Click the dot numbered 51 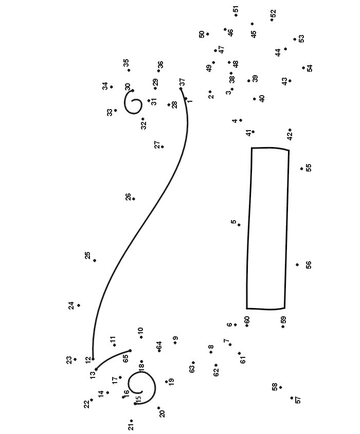[236, 15]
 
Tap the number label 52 [273, 13]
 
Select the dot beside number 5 [239, 225]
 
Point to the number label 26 [128, 197]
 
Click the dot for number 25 [95, 261]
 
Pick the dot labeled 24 [79, 305]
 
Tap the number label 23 [69, 360]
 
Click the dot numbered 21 [131, 421]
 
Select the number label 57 [298, 400]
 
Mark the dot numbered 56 [297, 265]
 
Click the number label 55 [309, 168]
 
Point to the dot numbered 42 [290, 130]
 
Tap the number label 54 [310, 68]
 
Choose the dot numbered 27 [163, 147]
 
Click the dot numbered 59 [283, 327]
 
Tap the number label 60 [247, 320]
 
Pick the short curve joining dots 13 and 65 [111, 358]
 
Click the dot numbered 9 [175, 342]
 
